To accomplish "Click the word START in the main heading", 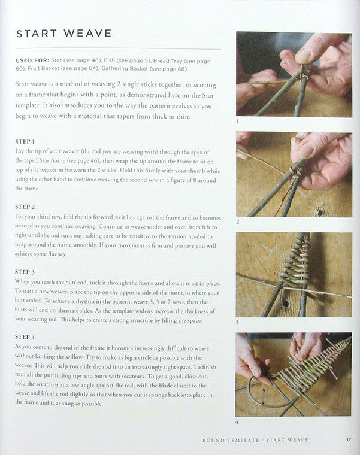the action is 37,34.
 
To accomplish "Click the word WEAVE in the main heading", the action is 88,33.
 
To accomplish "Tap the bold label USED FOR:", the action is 32,60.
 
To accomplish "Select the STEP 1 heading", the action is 25,142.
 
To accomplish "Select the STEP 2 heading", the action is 25,207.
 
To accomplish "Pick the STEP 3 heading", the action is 25,272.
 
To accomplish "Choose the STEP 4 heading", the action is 25,337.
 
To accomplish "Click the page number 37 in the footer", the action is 348,440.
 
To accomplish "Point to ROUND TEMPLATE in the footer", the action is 231,440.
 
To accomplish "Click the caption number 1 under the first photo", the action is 237,122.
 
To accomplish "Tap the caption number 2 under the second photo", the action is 237,222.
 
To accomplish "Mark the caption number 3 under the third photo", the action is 237,322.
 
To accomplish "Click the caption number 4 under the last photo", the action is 237,422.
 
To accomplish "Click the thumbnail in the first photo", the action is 304,56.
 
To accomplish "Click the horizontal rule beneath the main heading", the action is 119,49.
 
